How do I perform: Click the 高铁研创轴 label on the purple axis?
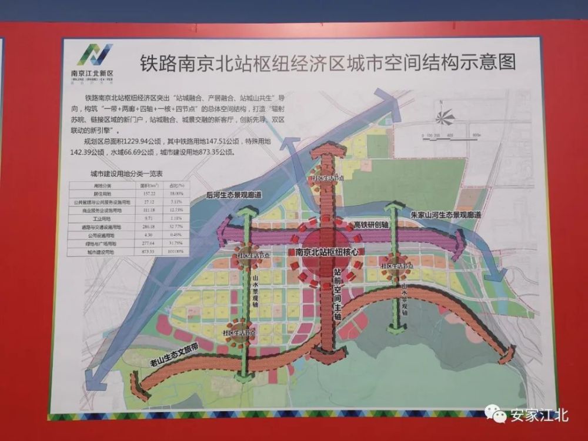371,225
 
